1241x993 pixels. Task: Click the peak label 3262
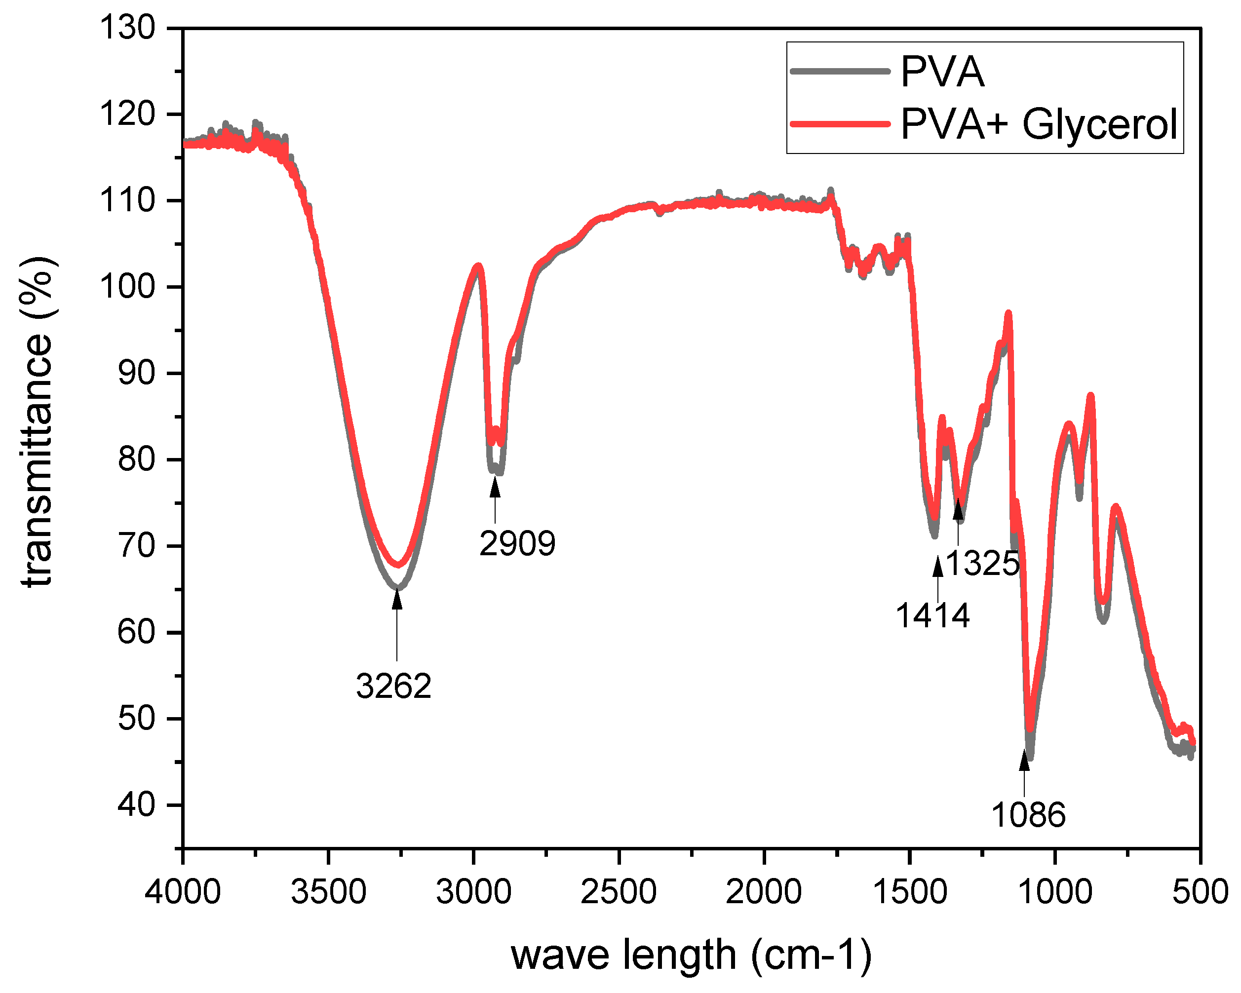click(x=394, y=686)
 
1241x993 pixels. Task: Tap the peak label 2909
click(x=517, y=543)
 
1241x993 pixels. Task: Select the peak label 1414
click(x=932, y=616)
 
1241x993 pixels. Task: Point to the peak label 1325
click(x=982, y=563)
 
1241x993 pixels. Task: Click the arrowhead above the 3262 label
click(x=396, y=599)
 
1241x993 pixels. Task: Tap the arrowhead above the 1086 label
click(x=1024, y=761)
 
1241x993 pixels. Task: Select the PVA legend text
click(x=942, y=72)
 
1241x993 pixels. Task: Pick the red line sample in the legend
click(x=840, y=124)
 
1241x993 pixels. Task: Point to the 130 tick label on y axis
click(x=127, y=28)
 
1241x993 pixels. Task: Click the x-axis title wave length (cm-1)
click(x=691, y=955)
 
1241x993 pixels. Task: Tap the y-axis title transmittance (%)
click(x=38, y=421)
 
